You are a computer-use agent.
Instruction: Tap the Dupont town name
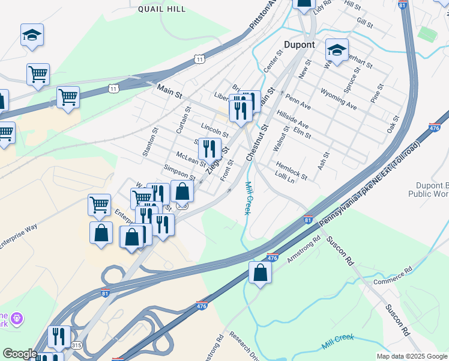pyautogui.click(x=298, y=45)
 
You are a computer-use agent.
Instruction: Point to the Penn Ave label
pyautogui.click(x=298, y=102)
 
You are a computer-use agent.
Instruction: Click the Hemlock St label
pyautogui.click(x=291, y=170)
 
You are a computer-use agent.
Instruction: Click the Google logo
pyautogui.click(x=20, y=354)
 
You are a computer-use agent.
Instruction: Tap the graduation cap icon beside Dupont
pyautogui.click(x=337, y=51)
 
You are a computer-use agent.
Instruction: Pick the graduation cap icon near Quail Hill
pyautogui.click(x=32, y=35)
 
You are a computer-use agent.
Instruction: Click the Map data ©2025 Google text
pyautogui.click(x=411, y=356)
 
